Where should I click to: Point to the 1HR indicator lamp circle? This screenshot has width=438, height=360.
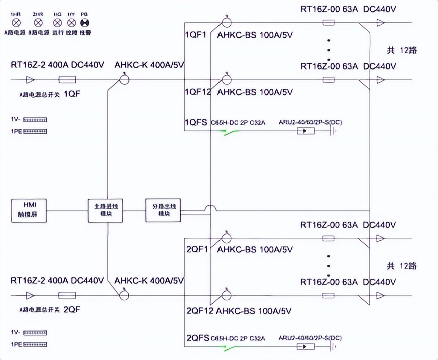pos(16,23)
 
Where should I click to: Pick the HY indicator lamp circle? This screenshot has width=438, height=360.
pos(71,23)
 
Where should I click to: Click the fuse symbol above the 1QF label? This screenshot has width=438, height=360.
pos(67,79)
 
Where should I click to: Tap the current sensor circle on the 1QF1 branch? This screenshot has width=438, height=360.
pos(226,22)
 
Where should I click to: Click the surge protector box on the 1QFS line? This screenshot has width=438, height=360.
pos(306,132)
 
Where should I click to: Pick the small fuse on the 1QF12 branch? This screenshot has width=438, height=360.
pos(329,79)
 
